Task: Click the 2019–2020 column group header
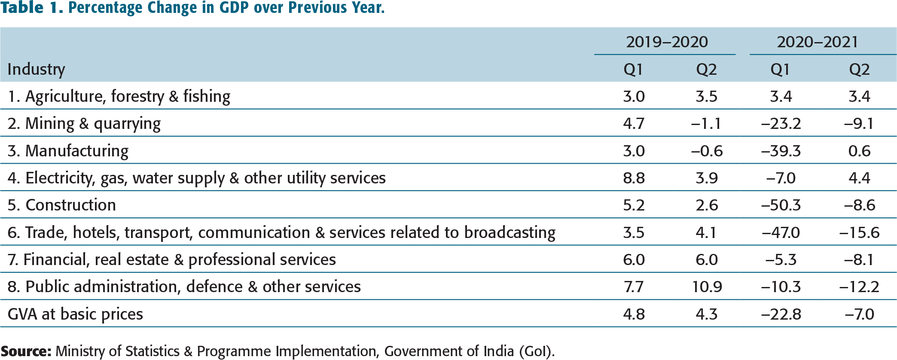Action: [x=667, y=42]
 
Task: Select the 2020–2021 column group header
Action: [x=818, y=42]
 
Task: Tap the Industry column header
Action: [x=37, y=70]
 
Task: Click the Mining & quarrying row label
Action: [x=84, y=124]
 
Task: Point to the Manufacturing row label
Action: [x=68, y=151]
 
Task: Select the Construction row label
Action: [x=62, y=205]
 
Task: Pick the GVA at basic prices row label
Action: [x=76, y=314]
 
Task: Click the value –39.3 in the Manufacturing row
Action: [x=781, y=151]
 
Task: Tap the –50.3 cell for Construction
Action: [x=781, y=205]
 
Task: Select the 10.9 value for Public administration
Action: [x=707, y=287]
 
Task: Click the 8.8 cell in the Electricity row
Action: [x=634, y=178]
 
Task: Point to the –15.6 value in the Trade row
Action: [x=860, y=233]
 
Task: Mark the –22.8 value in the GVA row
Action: [x=781, y=314]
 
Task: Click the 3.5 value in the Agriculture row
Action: [x=707, y=97]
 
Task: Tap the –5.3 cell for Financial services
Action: [x=781, y=260]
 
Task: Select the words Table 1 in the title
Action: [x=32, y=8]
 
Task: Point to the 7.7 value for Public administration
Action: [x=634, y=287]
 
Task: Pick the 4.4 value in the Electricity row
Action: [x=860, y=178]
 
